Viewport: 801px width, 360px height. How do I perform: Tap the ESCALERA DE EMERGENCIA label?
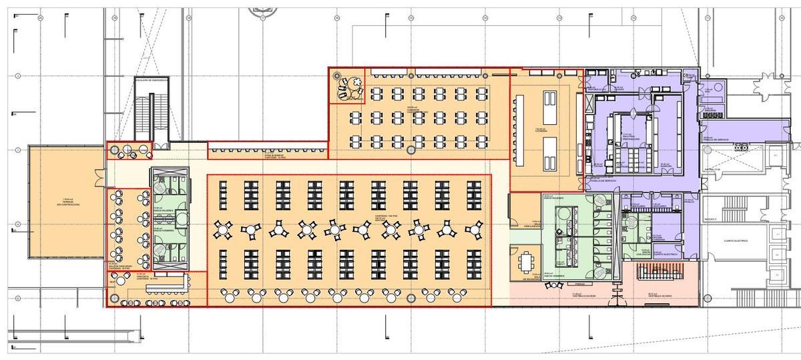pyautogui.click(x=152, y=79)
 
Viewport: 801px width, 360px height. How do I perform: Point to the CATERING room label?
pyautogui.click(x=541, y=130)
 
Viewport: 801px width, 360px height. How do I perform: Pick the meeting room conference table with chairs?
pyautogui.click(x=528, y=260)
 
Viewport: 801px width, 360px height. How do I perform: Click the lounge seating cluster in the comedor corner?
pyautogui.click(x=348, y=87)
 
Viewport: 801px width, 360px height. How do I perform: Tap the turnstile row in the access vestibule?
pyautogui.click(x=657, y=275)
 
